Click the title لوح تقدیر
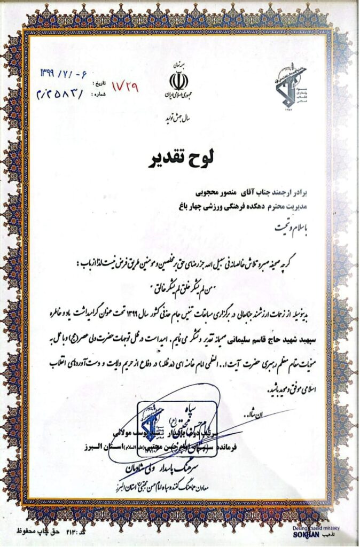tap(179, 159)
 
